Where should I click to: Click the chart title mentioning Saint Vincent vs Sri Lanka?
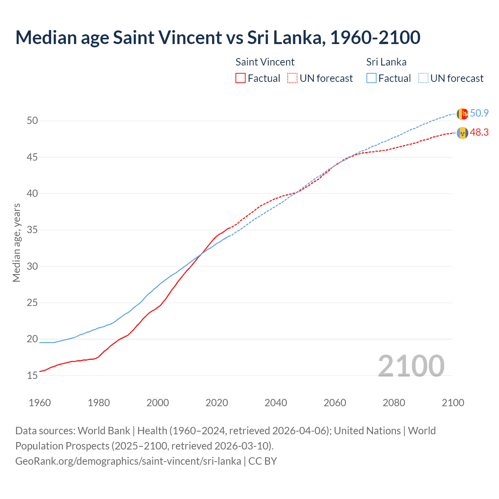pyautogui.click(x=218, y=37)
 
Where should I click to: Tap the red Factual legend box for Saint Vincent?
pyautogui.click(x=241, y=78)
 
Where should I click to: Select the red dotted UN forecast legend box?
pyautogui.click(x=292, y=78)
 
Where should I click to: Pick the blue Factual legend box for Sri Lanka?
pyautogui.click(x=372, y=78)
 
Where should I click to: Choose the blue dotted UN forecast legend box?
pyautogui.click(x=423, y=78)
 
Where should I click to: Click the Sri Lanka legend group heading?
pyautogui.click(x=386, y=62)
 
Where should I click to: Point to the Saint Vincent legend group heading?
pyautogui.click(x=265, y=62)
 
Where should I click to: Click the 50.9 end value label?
pyautogui.click(x=479, y=113)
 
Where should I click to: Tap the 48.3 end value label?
pyautogui.click(x=479, y=133)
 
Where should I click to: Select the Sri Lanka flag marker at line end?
pyautogui.click(x=462, y=114)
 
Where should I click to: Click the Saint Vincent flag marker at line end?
pyautogui.click(x=462, y=133)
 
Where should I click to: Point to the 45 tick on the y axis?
pyautogui.click(x=32, y=157)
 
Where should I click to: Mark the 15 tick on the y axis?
pyautogui.click(x=32, y=375)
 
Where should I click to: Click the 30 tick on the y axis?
pyautogui.click(x=32, y=266)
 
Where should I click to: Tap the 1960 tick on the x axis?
pyautogui.click(x=40, y=403)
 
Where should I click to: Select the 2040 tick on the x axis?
pyautogui.click(x=276, y=403)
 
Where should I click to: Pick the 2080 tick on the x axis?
pyautogui.click(x=394, y=403)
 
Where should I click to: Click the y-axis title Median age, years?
pyautogui.click(x=16, y=242)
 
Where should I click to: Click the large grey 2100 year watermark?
pyautogui.click(x=411, y=366)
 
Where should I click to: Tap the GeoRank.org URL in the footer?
pyautogui.click(x=128, y=461)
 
